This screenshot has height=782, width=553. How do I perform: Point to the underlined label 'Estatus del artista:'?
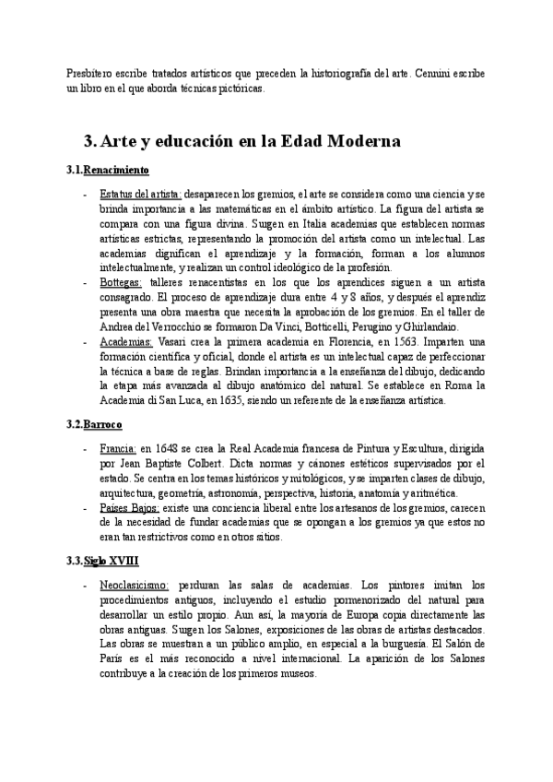click(x=141, y=195)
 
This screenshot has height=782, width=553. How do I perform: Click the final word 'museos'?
click(x=297, y=674)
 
